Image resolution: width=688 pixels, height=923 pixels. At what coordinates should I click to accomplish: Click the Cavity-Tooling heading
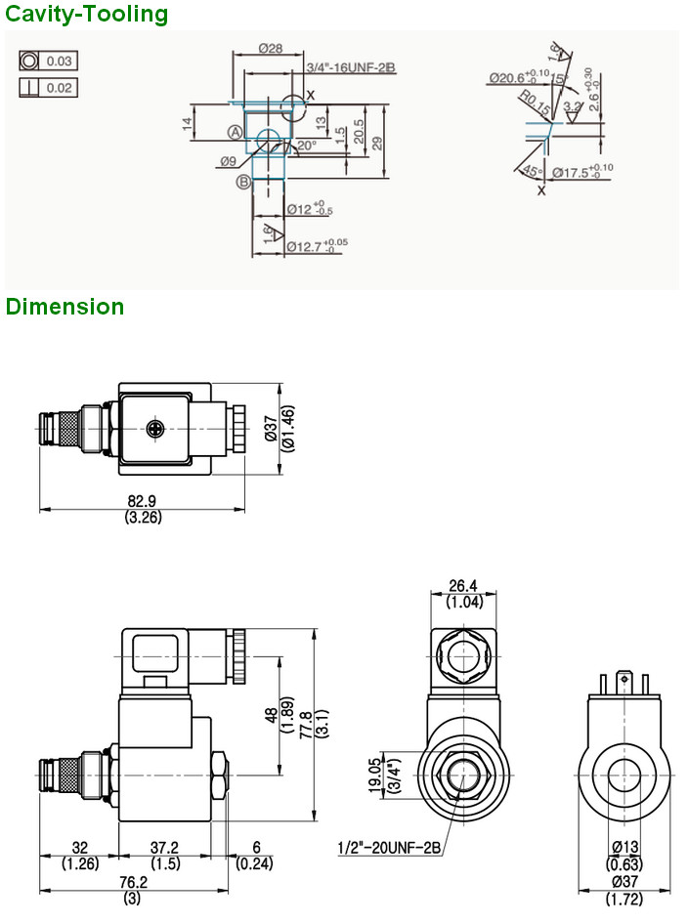[86, 15]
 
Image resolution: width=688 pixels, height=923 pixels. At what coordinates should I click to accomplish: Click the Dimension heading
[64, 307]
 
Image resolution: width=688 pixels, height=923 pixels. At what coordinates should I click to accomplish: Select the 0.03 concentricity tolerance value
[60, 62]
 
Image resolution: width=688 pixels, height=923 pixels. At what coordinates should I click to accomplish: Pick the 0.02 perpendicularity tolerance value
[60, 88]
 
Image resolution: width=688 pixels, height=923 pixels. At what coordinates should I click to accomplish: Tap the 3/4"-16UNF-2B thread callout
[349, 67]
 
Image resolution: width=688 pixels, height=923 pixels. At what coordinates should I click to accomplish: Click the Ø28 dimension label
[271, 48]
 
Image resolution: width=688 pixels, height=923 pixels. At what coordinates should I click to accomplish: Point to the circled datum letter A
[236, 132]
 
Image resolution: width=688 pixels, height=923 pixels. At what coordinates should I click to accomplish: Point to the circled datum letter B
[242, 182]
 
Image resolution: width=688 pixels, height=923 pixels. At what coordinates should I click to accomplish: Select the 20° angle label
[307, 146]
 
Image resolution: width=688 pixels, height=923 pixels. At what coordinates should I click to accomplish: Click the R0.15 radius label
[532, 101]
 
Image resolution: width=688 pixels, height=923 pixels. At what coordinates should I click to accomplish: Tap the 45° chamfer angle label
[533, 171]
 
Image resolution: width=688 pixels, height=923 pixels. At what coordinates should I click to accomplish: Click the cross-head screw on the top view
[154, 428]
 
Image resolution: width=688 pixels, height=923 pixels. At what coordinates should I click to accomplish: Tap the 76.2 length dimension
[130, 883]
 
